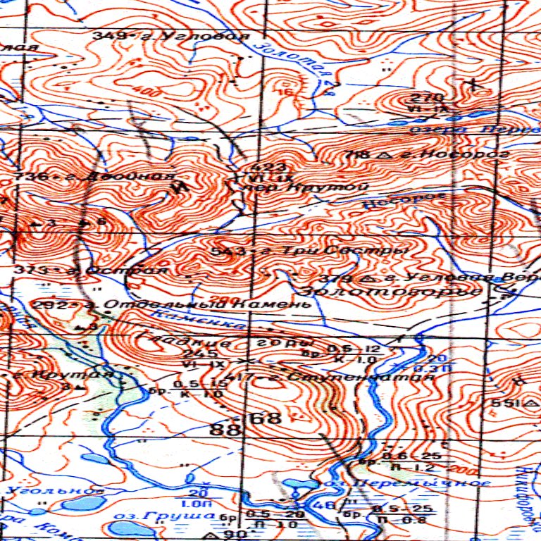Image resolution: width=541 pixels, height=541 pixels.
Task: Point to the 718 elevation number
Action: (359, 154)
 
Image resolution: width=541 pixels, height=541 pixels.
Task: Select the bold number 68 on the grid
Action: (266, 418)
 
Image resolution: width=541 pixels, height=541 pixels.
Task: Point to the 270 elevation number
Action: (413, 97)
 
